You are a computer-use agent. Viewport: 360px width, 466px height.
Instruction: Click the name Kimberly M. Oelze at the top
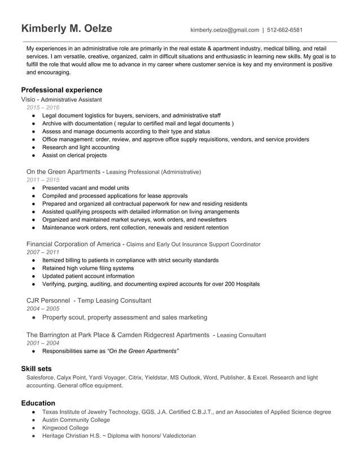point(67,29)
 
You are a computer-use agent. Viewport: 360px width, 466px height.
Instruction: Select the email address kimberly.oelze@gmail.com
point(224,30)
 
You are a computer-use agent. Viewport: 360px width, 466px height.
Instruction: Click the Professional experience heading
point(62,90)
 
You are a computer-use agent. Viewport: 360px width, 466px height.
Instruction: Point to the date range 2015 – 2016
point(42,107)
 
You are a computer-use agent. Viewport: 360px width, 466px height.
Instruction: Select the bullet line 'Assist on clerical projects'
point(74,155)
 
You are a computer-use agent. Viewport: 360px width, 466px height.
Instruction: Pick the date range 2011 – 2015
point(42,179)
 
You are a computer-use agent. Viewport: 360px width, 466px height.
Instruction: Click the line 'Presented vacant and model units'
point(85,187)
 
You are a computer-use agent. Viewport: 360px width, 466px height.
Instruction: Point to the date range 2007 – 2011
point(42,252)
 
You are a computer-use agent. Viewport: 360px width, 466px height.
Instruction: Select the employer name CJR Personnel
point(49,301)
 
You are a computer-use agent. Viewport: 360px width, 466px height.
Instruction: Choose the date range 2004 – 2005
point(42,309)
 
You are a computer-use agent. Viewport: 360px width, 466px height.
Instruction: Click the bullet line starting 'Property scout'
point(124,317)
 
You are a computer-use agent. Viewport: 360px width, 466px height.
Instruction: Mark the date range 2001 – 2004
point(42,343)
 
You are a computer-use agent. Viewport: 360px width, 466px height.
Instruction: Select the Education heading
point(38,403)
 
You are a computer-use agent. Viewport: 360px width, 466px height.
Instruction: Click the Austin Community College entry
point(76,420)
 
